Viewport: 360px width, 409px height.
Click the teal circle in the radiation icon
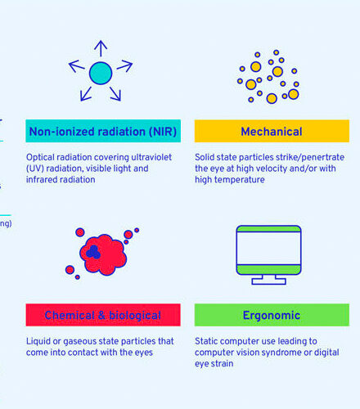click(x=101, y=73)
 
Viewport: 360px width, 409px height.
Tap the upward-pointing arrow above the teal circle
click(x=101, y=48)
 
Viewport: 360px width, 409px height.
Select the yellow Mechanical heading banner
click(x=272, y=131)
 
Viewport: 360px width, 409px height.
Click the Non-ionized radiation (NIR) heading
click(x=103, y=131)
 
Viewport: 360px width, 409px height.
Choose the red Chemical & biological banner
click(x=103, y=315)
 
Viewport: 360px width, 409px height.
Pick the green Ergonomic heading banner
click(x=272, y=315)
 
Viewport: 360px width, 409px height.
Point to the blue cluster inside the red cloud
click(x=93, y=252)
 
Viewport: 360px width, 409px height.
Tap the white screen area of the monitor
click(x=269, y=248)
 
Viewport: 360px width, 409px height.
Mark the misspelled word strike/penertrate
click(x=310, y=157)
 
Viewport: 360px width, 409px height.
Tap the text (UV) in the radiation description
click(x=35, y=169)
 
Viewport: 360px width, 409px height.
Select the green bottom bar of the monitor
click(x=269, y=269)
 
